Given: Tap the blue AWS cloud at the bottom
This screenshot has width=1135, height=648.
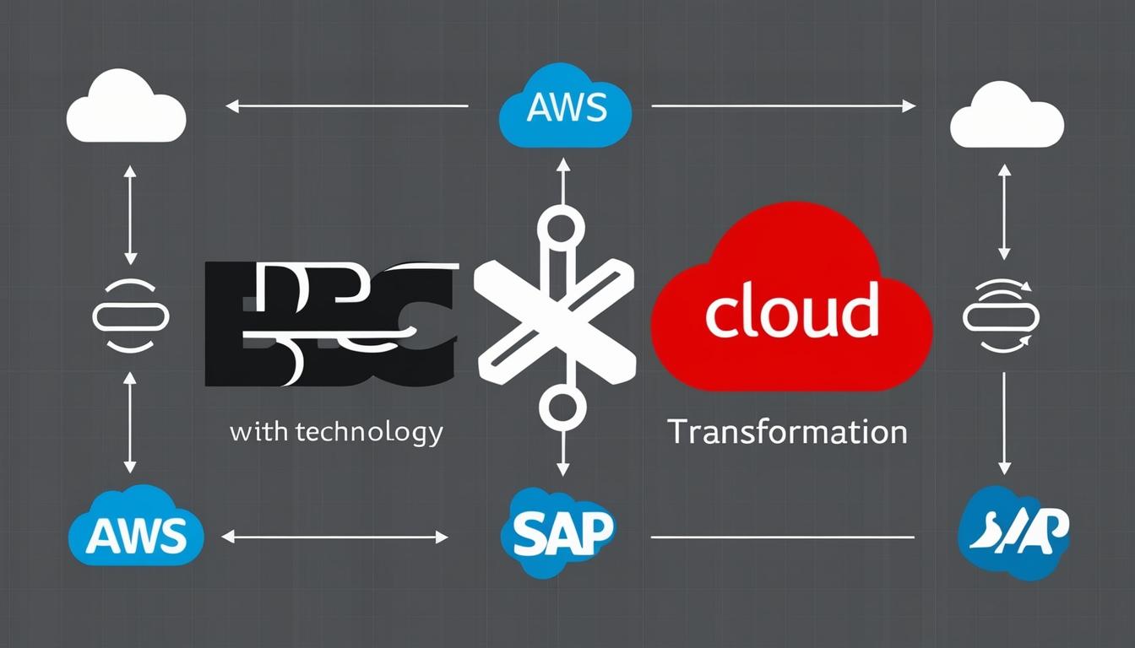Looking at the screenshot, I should [x=136, y=529].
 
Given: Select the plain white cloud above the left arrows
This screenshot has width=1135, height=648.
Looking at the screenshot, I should [x=126, y=110].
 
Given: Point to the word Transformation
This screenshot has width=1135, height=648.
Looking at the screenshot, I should [x=787, y=432].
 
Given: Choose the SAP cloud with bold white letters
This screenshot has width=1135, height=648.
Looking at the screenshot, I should [x=557, y=530].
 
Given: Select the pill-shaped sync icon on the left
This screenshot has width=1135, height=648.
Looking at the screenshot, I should [x=130, y=316].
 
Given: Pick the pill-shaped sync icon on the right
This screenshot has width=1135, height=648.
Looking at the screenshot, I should [x=1002, y=316].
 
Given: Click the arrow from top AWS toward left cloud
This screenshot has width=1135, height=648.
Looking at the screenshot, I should [x=346, y=106].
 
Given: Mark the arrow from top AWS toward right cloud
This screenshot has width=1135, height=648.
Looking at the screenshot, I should [x=784, y=106].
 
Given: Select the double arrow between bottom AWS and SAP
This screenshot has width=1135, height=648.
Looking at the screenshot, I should [x=334, y=537].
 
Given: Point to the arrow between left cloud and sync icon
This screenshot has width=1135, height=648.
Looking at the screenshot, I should [x=130, y=215].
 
